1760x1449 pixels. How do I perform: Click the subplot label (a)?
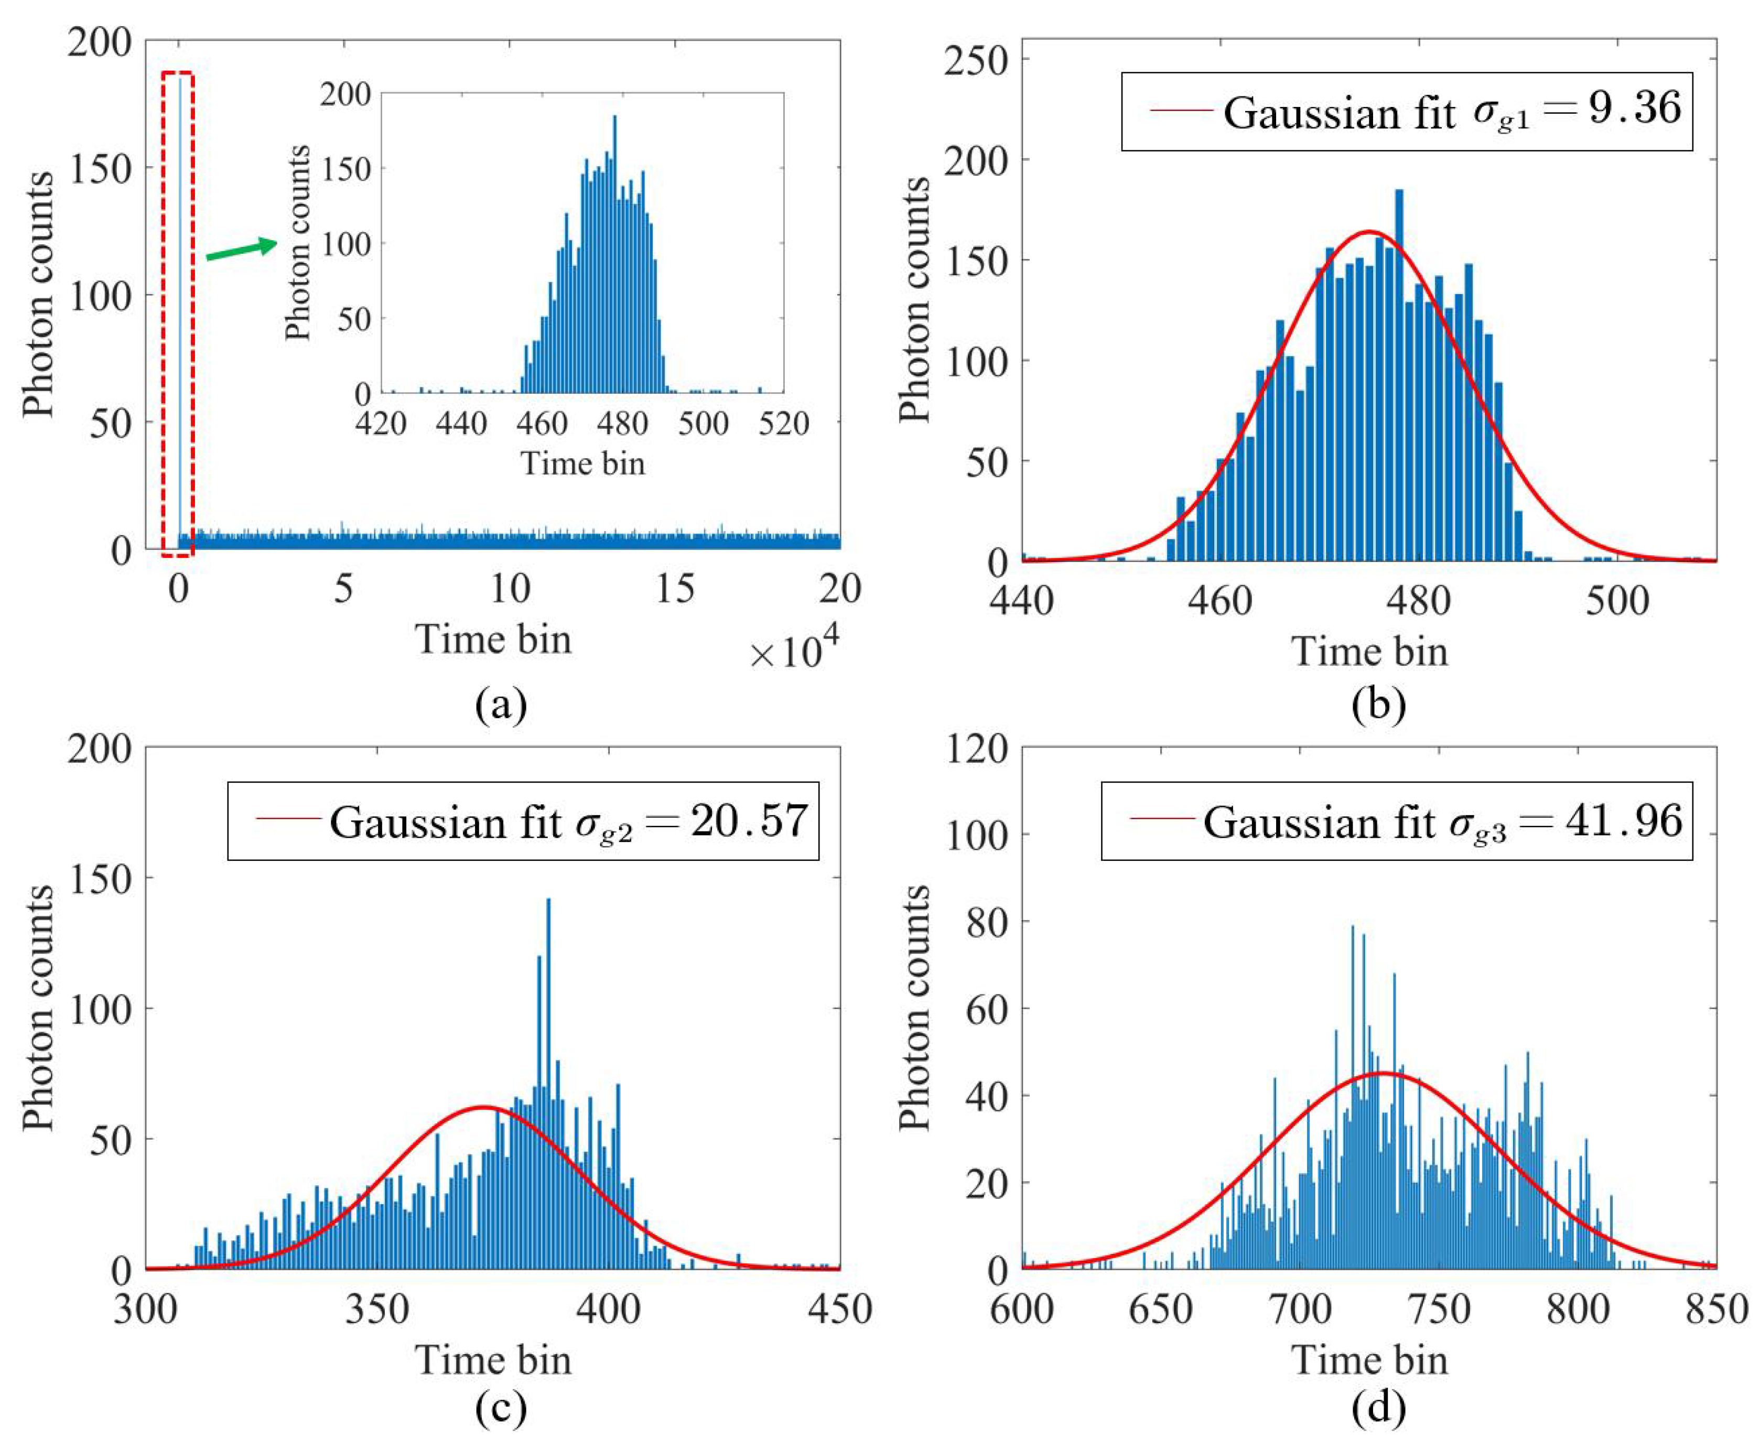point(501,704)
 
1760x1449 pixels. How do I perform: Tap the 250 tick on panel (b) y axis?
point(976,60)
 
